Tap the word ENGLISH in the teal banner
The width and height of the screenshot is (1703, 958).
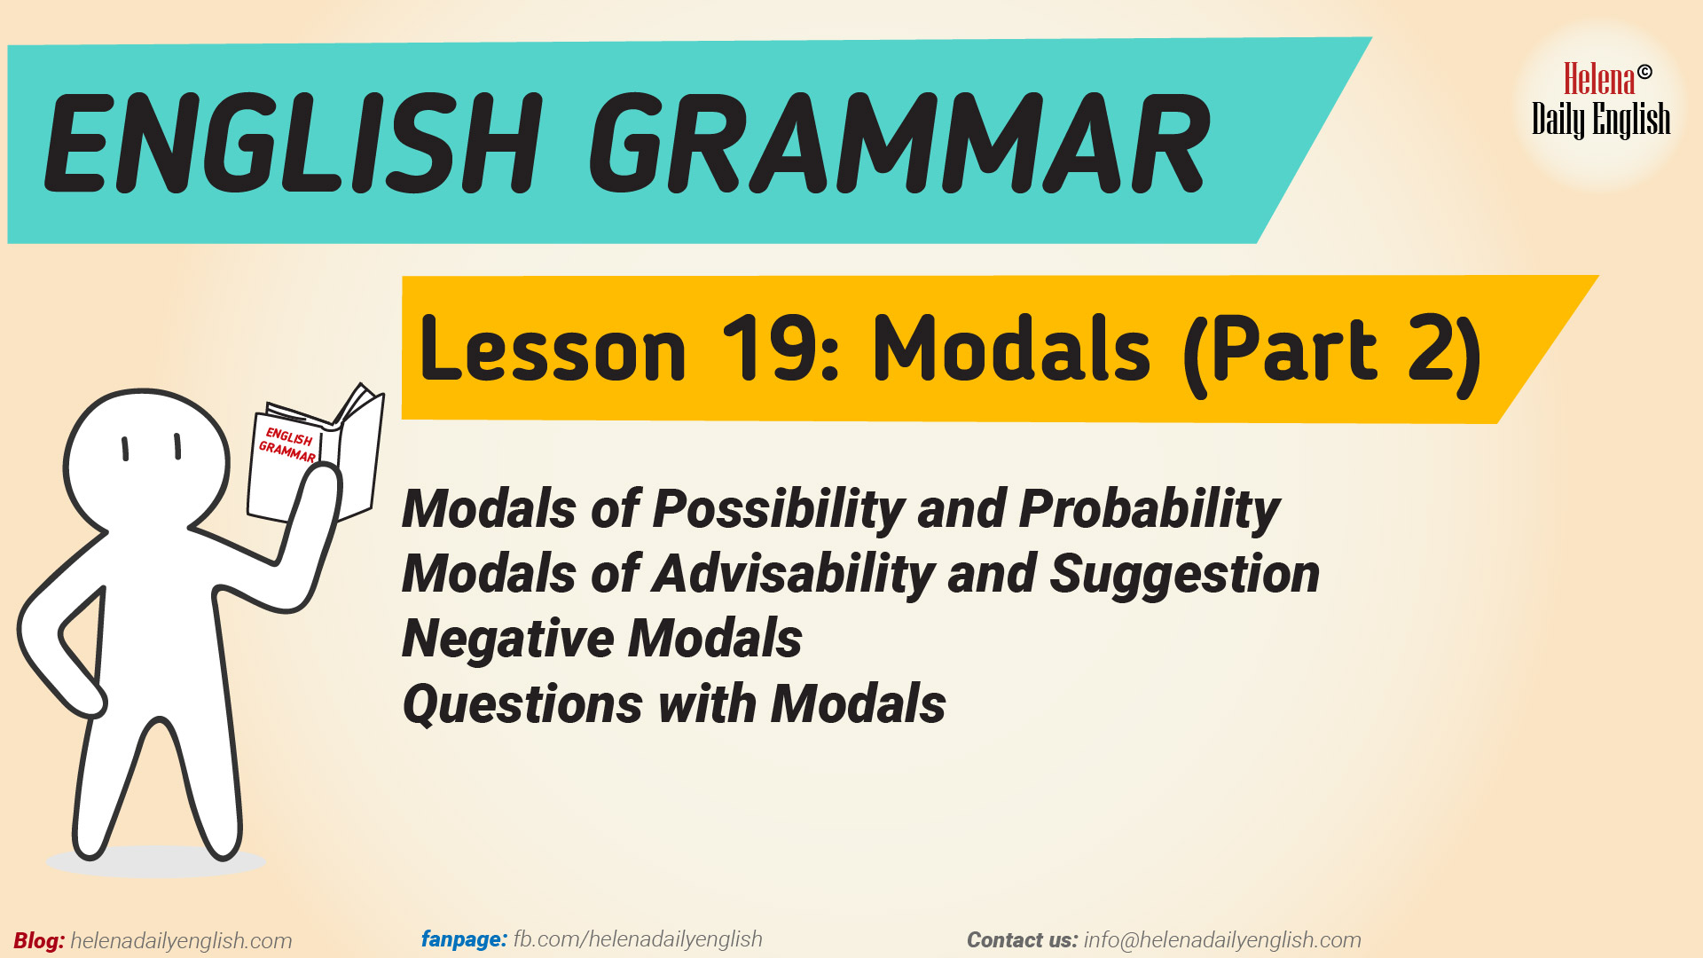(293, 144)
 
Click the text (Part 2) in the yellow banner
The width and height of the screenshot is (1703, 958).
(1330, 352)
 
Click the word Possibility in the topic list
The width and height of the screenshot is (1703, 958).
(779, 510)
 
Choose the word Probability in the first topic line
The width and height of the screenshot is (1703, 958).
(1149, 510)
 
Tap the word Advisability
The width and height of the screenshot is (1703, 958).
(794, 574)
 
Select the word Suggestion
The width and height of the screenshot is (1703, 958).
(1184, 574)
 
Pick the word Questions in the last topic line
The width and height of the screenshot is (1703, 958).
(522, 704)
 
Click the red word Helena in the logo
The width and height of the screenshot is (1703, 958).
(1598, 80)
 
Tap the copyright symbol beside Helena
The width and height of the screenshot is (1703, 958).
(1644, 72)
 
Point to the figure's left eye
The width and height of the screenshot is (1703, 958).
(125, 449)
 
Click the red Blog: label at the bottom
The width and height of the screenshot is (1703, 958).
(39, 941)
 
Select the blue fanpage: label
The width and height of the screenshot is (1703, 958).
(464, 939)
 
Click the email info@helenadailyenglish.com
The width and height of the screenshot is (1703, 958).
(1221, 940)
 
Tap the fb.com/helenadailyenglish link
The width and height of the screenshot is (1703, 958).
(637, 939)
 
